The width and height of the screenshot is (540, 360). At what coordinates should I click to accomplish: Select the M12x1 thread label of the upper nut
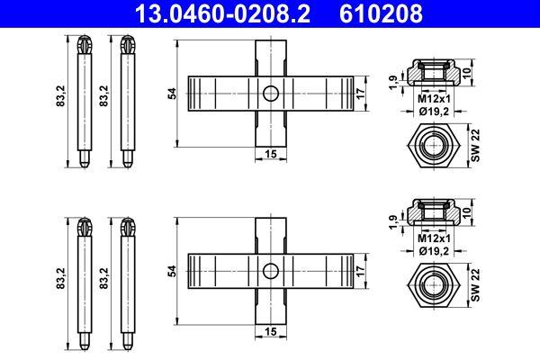tap(435, 100)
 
